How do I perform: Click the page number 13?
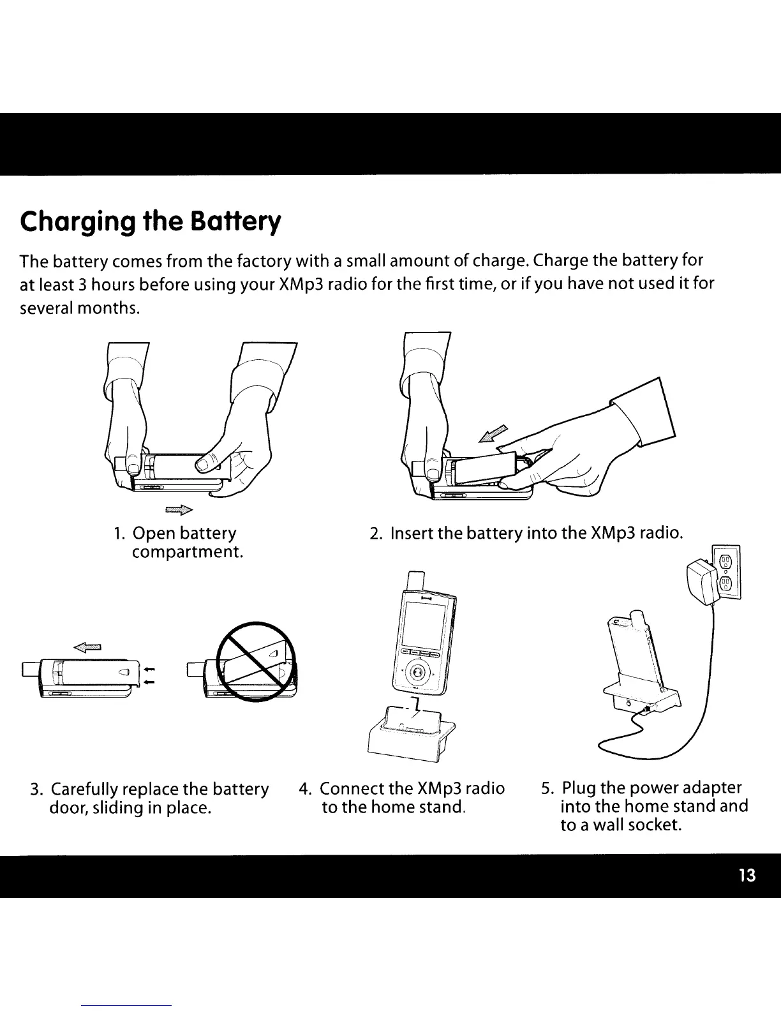point(747,876)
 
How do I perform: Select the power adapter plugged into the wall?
point(701,581)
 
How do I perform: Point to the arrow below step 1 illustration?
point(179,509)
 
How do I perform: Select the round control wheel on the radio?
point(417,672)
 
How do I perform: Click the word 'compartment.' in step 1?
point(187,551)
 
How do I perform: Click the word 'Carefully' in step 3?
point(85,790)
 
